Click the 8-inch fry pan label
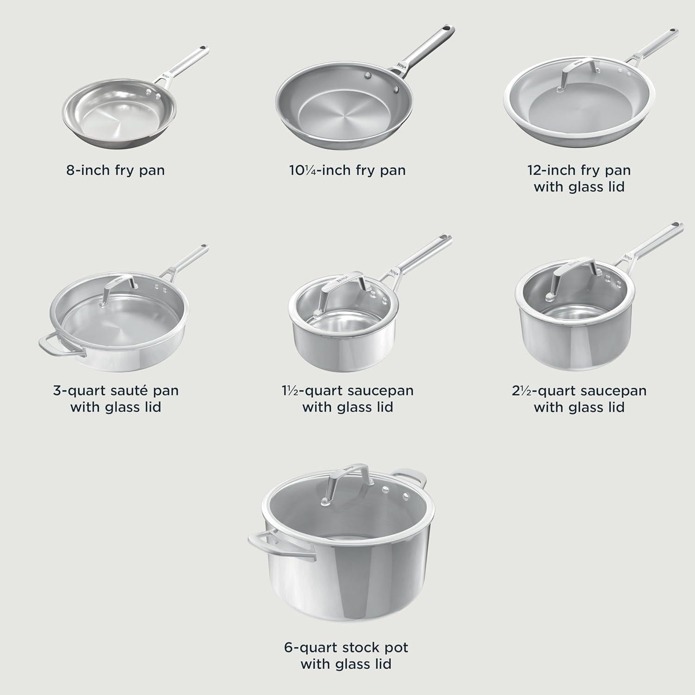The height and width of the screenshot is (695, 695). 115,170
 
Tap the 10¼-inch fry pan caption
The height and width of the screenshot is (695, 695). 347,170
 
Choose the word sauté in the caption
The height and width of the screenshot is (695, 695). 122,391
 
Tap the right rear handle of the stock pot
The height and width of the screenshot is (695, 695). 411,477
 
